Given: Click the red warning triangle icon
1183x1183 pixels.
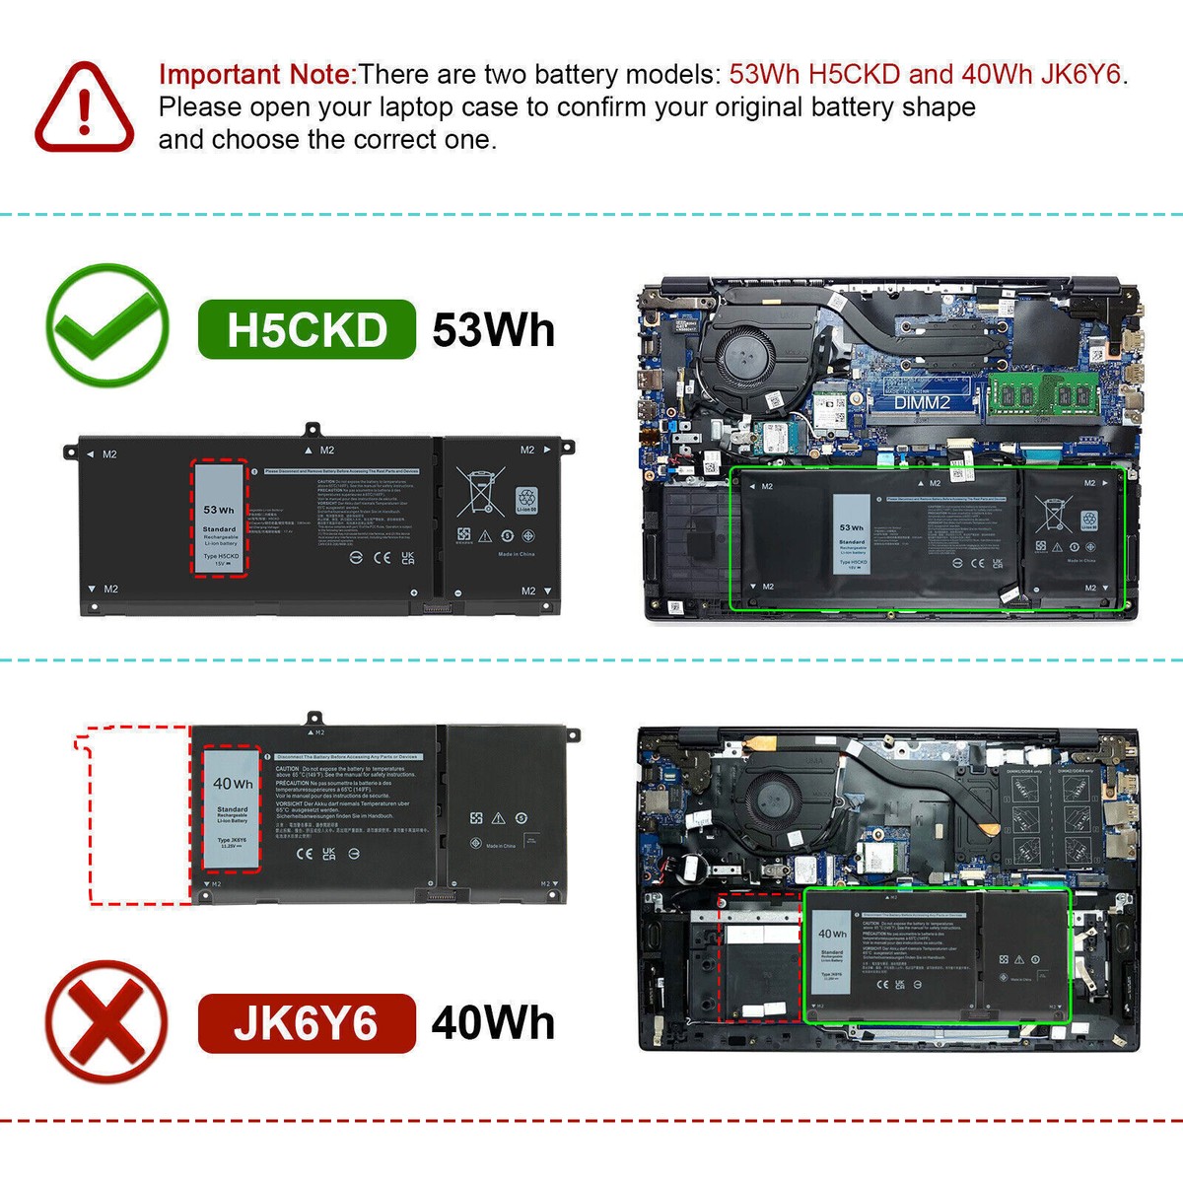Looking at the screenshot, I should point(85,107).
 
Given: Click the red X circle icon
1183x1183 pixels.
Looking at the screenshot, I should point(106,1021).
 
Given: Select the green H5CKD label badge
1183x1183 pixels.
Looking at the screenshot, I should point(307,330).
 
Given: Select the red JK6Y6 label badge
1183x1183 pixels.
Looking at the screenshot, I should point(307,1023).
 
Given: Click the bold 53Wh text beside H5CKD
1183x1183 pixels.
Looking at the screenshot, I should point(493,330).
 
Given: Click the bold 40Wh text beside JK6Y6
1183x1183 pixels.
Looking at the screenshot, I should point(493,1023).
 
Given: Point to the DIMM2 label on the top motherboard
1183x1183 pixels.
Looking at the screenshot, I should point(922,402).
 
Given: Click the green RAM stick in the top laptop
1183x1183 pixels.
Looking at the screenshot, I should point(1043,394).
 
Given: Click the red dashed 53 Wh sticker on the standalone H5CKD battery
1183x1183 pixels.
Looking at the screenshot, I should point(219,518).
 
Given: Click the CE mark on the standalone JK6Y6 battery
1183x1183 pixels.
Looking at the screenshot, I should point(305,853).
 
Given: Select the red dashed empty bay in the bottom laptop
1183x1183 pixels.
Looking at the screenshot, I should point(758,956).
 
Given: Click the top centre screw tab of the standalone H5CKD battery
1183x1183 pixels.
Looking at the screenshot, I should point(312,430).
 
